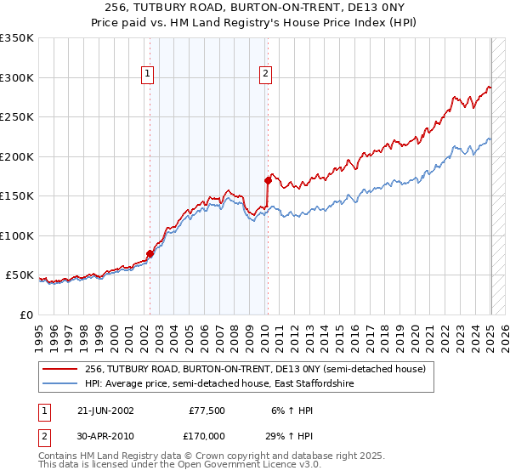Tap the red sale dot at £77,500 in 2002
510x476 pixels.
[x=150, y=253]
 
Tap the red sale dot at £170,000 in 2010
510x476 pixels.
[x=268, y=180]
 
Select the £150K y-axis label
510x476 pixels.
[x=17, y=195]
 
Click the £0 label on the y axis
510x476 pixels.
[x=26, y=314]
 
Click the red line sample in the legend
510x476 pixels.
[x=61, y=368]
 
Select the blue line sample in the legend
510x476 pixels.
[x=61, y=383]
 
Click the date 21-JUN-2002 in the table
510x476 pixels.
[x=104, y=410]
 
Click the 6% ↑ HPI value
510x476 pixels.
[x=291, y=410]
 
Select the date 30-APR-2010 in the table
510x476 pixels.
[x=104, y=435]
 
